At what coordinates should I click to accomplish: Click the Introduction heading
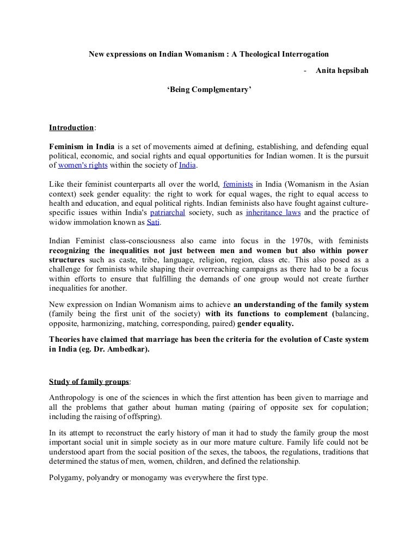(x=71, y=128)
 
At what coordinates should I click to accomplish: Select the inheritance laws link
(x=273, y=212)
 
